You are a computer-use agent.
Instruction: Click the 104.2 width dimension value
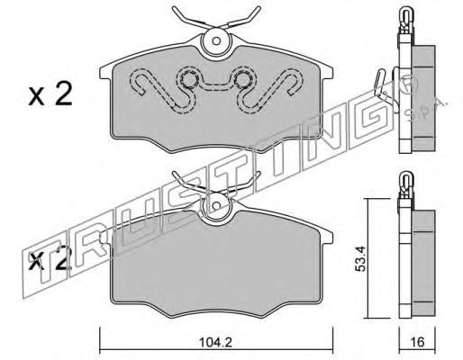pyautogui.click(x=215, y=342)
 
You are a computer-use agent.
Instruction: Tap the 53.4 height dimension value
pyautogui.click(x=360, y=259)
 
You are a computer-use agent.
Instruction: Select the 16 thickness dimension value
pyautogui.click(x=417, y=342)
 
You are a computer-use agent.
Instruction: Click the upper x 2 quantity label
pyautogui.click(x=50, y=94)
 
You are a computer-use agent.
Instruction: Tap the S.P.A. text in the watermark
pyautogui.click(x=426, y=108)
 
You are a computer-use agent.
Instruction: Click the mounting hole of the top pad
pyautogui.click(x=216, y=40)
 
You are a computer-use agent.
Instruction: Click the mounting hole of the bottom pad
pyautogui.click(x=216, y=205)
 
